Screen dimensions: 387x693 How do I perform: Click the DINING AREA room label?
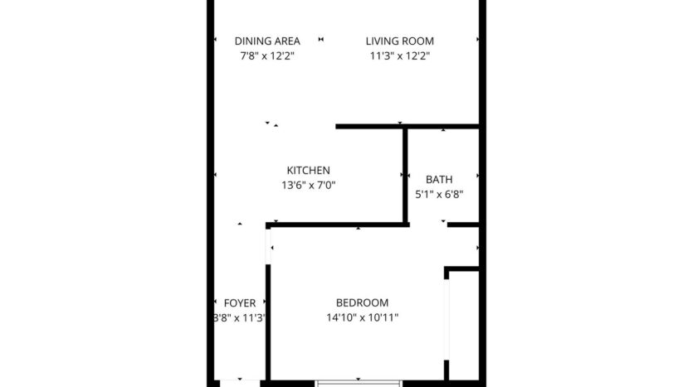tap(266, 41)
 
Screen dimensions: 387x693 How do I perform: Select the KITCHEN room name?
tap(308, 170)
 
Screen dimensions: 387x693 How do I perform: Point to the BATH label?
tap(438, 179)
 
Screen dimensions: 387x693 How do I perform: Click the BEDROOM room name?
tap(362, 302)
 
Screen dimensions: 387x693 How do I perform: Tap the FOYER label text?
tap(240, 302)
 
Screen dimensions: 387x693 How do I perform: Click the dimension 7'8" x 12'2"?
tap(266, 56)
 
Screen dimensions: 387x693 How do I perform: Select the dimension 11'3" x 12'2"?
tap(400, 56)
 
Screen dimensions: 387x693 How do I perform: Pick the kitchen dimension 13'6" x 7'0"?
tap(308, 186)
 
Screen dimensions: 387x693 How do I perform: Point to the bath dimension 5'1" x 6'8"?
tap(439, 195)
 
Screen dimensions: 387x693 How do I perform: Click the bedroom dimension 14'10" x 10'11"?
tap(362, 318)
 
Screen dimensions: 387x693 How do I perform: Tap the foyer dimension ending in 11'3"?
tap(240, 318)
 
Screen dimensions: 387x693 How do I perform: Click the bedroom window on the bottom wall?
tap(360, 382)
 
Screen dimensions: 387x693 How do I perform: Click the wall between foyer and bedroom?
tap(268, 323)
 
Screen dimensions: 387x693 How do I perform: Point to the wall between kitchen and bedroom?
tap(336, 225)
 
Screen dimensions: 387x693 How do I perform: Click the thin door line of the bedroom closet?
tap(447, 319)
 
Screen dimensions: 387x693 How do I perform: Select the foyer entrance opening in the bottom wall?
tap(239, 382)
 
